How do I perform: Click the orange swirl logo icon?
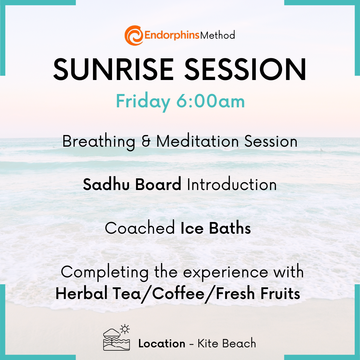pyautogui.click(x=134, y=35)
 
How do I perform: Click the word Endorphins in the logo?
pyautogui.click(x=172, y=35)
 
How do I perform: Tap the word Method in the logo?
pyautogui.click(x=218, y=35)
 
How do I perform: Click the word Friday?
pyautogui.click(x=143, y=101)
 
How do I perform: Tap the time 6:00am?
pyautogui.click(x=211, y=101)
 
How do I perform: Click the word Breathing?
pyautogui.click(x=99, y=142)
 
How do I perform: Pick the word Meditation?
pyautogui.click(x=197, y=141)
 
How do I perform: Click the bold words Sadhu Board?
pyautogui.click(x=132, y=184)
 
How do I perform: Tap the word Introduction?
pyautogui.click(x=232, y=184)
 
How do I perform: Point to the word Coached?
pyautogui.click(x=140, y=228)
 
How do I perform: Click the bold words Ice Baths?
pyautogui.click(x=216, y=228)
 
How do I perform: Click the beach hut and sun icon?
pyautogui.click(x=117, y=338)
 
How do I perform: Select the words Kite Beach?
pyautogui.click(x=227, y=343)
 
